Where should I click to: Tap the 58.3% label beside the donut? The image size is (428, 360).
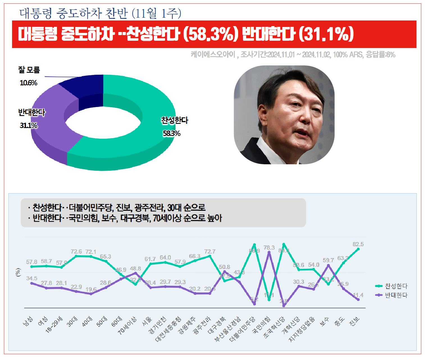(x=172, y=133)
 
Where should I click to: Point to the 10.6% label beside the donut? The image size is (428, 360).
(x=28, y=83)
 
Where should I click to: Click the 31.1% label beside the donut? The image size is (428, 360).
(x=28, y=126)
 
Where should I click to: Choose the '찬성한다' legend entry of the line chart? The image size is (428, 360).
(x=391, y=286)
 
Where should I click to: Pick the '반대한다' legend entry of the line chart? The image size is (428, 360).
(x=391, y=295)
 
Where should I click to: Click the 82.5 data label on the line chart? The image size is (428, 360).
(x=358, y=244)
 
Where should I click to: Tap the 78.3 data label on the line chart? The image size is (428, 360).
(x=269, y=248)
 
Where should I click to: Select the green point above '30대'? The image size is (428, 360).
(x=76, y=256)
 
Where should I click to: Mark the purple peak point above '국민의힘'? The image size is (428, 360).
(x=269, y=252)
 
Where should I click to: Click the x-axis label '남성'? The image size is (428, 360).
(x=28, y=321)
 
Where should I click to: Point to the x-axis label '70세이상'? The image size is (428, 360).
(x=127, y=325)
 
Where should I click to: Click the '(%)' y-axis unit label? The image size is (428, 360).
(x=18, y=272)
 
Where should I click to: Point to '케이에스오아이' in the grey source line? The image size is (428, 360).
(x=213, y=54)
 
